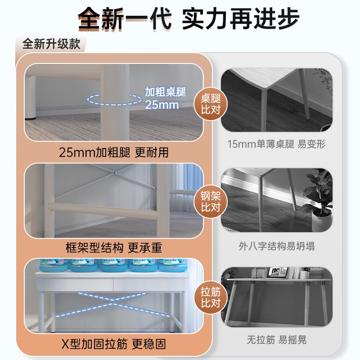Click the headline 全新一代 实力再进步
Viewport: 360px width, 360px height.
180,19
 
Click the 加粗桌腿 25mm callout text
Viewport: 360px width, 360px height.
162,98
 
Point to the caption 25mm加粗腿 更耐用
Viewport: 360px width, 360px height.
114,152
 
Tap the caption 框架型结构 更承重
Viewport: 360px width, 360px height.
114,247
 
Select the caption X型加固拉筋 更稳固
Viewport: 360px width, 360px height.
114,344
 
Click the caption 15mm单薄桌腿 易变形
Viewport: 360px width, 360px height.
276,144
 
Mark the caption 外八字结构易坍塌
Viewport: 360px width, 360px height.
276,246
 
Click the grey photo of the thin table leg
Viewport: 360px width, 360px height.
276,100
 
